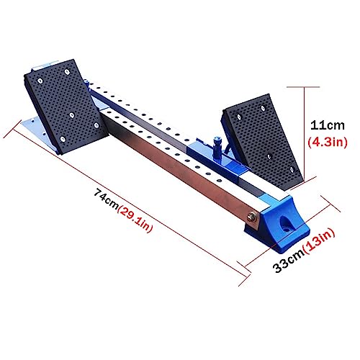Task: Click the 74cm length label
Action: coord(107,199)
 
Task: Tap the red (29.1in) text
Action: coord(135,219)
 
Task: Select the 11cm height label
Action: coord(328,125)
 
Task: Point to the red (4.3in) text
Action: coord(328,143)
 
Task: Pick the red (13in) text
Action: coord(319,241)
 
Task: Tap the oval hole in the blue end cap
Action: coord(285,224)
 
